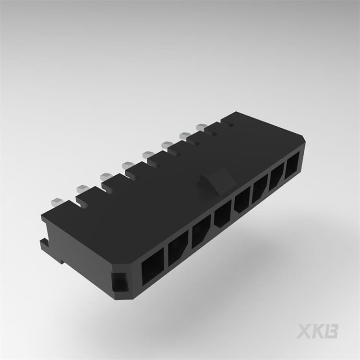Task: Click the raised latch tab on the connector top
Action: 216,181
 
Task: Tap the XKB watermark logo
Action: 317,331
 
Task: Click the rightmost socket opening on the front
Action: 292,164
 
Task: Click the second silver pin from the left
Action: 82,188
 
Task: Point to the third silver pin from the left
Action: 106,176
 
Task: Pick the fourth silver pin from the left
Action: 129,166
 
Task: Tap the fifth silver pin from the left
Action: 148,154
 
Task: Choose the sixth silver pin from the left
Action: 167,144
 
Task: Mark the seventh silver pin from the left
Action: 185,136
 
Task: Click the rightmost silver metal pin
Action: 201,127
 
